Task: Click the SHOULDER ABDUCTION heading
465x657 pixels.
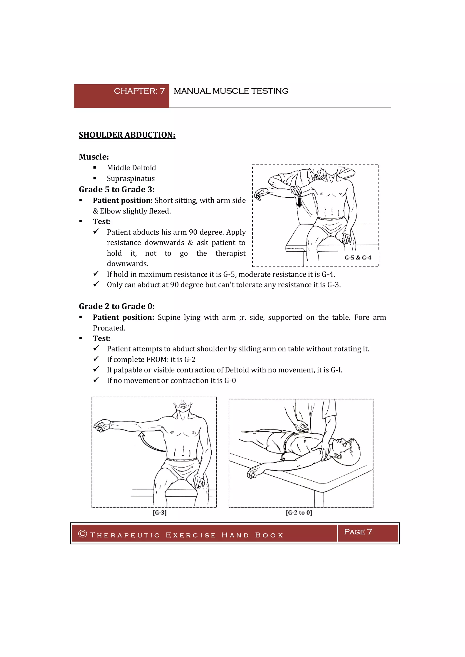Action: click(x=127, y=135)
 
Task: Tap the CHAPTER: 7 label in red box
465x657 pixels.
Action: click(x=139, y=91)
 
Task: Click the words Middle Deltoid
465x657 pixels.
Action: click(x=131, y=168)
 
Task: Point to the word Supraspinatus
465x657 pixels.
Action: click(x=131, y=179)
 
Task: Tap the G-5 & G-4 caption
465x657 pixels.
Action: click(x=358, y=257)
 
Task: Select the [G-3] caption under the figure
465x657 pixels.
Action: click(x=159, y=512)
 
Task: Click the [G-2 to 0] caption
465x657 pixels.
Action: click(x=299, y=512)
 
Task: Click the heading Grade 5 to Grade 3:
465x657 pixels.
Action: click(x=116, y=189)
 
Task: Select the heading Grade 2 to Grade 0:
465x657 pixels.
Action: click(x=116, y=306)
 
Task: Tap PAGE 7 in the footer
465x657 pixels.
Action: click(x=358, y=532)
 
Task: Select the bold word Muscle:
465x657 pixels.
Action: click(x=94, y=157)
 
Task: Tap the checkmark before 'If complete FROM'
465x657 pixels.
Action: click(x=96, y=359)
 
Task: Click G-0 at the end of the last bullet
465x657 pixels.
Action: click(x=230, y=381)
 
